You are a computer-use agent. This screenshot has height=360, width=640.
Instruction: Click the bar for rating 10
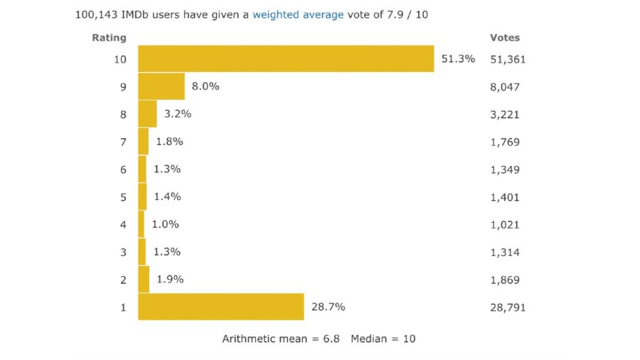286,59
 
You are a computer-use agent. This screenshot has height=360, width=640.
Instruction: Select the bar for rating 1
221,307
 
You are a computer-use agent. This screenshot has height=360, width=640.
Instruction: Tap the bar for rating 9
161,86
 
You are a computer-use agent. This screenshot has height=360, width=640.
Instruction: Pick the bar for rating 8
147,114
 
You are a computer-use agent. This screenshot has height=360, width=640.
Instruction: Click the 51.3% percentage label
458,59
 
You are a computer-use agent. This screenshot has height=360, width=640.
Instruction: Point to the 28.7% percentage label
328,307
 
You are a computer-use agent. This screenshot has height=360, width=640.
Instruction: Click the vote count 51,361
508,59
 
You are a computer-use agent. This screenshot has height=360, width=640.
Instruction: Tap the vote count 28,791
508,307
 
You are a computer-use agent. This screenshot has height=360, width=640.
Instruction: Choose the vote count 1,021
505,225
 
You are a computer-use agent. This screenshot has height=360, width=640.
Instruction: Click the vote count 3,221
505,115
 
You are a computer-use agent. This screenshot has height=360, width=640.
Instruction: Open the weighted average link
298,14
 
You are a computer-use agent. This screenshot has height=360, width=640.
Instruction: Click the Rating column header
109,38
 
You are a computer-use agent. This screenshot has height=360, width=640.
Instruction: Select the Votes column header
505,38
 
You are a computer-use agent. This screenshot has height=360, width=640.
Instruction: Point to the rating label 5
123,197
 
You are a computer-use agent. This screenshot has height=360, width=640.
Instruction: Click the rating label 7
123,142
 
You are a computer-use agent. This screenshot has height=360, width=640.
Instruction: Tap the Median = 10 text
383,339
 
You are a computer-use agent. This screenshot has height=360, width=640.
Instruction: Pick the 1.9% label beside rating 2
170,280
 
